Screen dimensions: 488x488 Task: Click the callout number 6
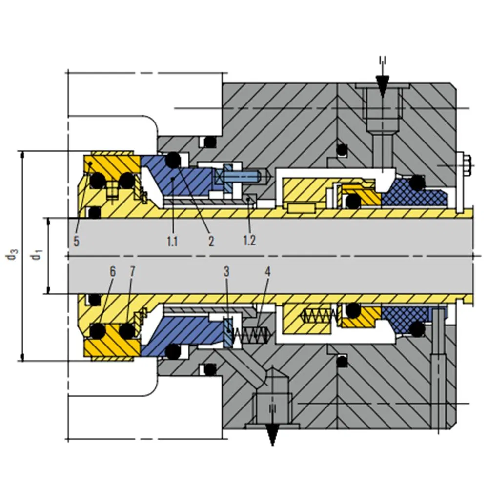pos(113,272)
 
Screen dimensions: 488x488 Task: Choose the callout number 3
pos(226,272)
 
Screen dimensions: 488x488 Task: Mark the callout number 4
pos(267,272)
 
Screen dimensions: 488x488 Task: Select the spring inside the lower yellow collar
pos(318,316)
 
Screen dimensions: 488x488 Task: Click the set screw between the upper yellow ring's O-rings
pos(112,190)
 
